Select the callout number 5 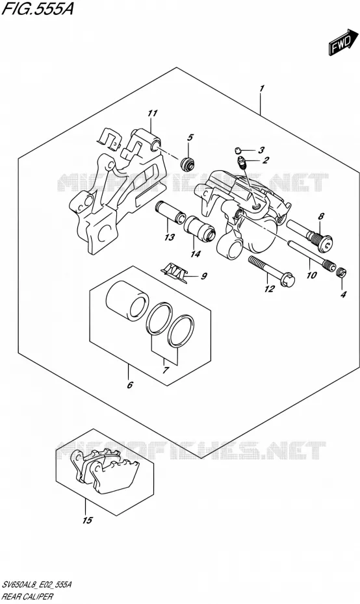(190, 138)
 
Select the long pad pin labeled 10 (309, 254)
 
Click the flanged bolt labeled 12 (272, 271)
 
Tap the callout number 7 (165, 371)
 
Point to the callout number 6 (130, 384)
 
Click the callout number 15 (88, 520)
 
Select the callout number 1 (262, 88)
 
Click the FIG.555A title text (38, 10)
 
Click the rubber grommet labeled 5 (188, 163)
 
